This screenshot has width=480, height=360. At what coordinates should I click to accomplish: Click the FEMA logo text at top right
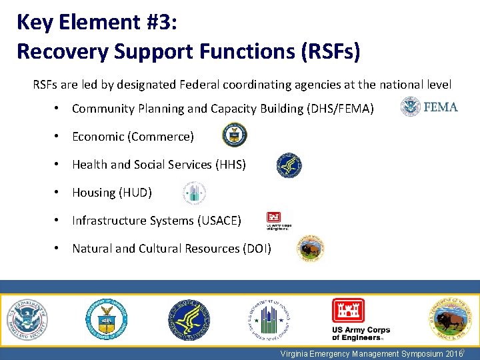coord(441,107)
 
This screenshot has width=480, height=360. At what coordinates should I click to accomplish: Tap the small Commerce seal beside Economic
coord(234,135)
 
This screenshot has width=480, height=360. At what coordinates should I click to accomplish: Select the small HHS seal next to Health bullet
coord(289,165)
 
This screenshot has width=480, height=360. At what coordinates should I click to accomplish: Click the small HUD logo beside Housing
coord(194,193)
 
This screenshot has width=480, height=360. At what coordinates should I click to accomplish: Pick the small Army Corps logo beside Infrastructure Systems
coord(277,220)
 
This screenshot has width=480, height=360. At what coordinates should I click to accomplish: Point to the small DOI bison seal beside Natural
coord(311,248)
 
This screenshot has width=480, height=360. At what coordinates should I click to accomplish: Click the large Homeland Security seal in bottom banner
coord(27,319)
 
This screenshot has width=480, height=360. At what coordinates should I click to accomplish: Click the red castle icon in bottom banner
coord(348,311)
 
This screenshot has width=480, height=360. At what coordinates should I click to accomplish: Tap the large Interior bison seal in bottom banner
coord(449,319)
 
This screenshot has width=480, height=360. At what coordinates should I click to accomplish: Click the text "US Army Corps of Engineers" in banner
coord(361,334)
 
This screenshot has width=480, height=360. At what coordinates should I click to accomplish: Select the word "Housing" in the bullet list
coord(93,193)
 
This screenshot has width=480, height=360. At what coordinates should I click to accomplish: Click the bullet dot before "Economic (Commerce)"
coord(60,136)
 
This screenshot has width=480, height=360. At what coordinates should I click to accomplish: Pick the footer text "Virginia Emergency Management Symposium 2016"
coord(371,354)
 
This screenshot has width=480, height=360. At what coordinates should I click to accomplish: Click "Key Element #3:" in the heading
coord(97,22)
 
